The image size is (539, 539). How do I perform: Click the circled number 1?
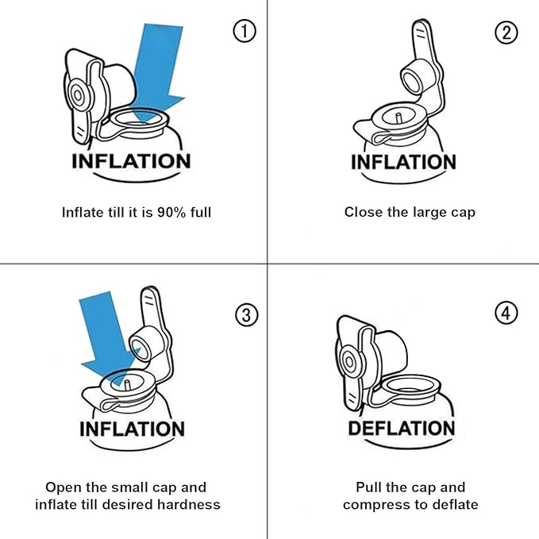pos(245,32)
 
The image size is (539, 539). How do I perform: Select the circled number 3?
pos(247,314)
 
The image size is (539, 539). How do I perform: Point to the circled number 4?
pos(506,313)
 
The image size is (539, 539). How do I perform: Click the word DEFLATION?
pos(402,429)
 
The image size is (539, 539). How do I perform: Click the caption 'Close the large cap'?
pos(410,212)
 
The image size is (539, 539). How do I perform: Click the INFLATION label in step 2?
pos(403,163)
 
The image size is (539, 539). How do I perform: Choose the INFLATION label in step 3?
pos(132,429)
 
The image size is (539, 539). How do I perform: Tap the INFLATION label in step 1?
pos(131,161)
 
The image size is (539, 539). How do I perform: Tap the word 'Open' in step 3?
pos(63,487)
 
